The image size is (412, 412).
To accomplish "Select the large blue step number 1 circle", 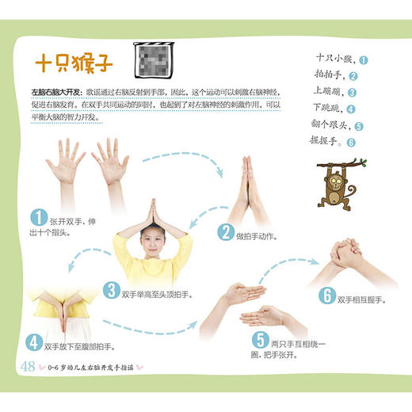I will tap(37, 217).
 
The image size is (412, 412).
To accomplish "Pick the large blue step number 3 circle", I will tap(113, 290).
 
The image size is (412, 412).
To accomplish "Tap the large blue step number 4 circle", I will tap(35, 342).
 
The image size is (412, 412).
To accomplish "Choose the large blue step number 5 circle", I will tap(260, 341).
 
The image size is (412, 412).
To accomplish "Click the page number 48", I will tap(28, 366).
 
